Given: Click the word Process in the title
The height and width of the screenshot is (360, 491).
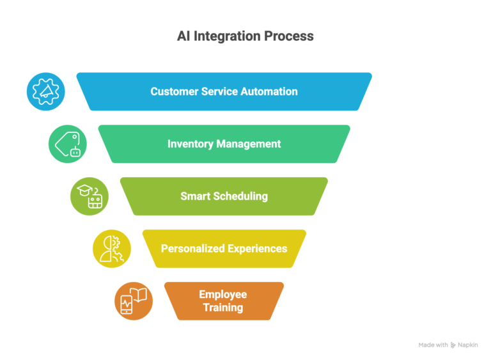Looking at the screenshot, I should [x=291, y=36].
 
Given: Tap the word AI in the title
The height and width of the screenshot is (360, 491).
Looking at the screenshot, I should [x=183, y=36].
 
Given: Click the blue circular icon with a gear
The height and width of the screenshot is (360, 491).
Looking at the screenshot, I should [x=45, y=91].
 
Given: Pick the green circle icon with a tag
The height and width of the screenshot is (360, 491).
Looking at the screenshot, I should [x=67, y=144].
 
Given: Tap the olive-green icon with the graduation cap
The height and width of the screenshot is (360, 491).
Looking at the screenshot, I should [x=89, y=196].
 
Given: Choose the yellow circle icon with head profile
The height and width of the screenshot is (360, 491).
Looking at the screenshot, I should [x=111, y=249].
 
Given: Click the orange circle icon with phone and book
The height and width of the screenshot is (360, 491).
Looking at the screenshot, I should [x=133, y=301].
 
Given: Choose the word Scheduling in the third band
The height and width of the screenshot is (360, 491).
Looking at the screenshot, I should [x=239, y=196].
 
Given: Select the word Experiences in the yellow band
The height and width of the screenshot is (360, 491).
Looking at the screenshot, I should [x=257, y=248].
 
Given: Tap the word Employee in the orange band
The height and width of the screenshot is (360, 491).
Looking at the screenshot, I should [x=222, y=294].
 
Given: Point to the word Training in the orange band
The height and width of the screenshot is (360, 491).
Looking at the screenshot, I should [x=222, y=308].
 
